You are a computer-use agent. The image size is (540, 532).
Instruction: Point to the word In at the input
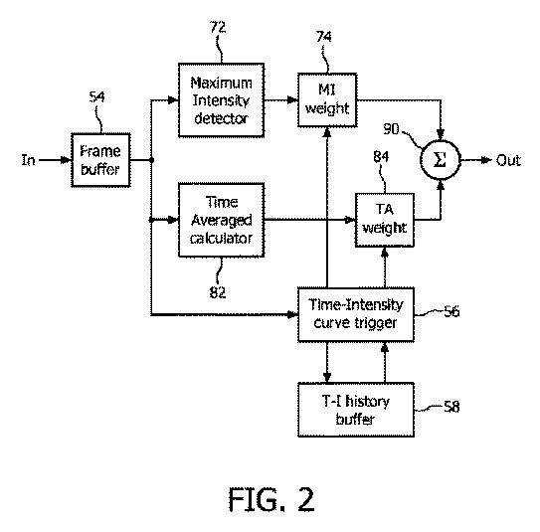point(28,160)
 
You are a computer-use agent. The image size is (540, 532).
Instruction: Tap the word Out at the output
point(508,160)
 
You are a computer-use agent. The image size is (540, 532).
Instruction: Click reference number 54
point(96,96)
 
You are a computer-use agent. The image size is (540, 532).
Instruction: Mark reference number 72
point(218,27)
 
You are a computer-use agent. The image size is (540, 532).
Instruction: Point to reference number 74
point(324,37)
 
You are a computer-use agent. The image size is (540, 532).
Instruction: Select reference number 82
point(218,292)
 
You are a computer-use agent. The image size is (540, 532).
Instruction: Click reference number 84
point(381,157)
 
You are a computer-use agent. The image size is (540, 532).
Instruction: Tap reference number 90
point(391,129)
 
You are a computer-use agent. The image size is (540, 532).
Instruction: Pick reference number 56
point(451,311)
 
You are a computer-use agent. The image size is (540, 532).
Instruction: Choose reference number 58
point(451,407)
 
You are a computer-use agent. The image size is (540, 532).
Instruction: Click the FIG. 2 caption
point(271,499)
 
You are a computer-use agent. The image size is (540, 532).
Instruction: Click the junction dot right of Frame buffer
point(151,160)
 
